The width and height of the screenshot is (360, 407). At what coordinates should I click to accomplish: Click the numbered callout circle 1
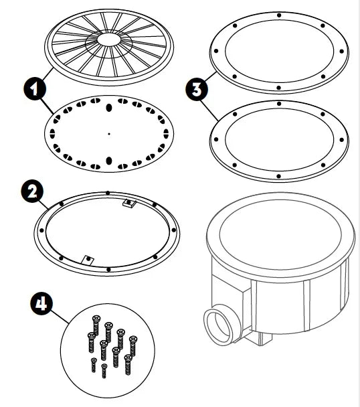coord(34,89)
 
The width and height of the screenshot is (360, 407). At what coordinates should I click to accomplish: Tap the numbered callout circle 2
coord(32,192)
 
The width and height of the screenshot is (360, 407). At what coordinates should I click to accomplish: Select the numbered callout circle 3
coord(197,89)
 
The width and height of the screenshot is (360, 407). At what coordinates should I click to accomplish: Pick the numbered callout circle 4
coord(41,303)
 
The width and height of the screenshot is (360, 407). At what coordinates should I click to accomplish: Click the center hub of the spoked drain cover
coord(109,39)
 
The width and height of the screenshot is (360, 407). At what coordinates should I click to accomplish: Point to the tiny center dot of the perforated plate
coord(109,134)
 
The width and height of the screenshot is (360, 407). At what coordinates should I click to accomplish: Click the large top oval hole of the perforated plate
coord(109,108)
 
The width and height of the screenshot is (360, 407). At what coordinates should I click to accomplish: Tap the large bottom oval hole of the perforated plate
coord(109,161)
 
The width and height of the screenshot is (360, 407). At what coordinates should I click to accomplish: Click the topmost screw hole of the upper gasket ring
coord(279,15)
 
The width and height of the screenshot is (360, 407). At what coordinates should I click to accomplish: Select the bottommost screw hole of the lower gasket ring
coord(279,176)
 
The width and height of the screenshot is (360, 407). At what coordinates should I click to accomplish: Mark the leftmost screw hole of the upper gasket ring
coord(216,51)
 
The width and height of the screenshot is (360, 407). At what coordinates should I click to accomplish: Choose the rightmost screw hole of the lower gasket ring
coord(341,140)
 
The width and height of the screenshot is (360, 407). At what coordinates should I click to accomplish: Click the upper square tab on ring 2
coord(128,202)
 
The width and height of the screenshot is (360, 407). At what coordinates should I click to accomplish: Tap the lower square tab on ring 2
coord(88,260)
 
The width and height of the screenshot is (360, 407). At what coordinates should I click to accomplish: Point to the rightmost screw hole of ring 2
coord(173,230)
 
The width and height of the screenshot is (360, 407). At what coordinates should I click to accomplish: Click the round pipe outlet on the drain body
coord(217,325)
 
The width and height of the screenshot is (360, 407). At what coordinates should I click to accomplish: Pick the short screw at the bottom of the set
coord(104,371)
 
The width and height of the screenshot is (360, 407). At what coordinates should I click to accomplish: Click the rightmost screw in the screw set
coord(133,345)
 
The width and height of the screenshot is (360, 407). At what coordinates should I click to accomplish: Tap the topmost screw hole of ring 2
coord(108,193)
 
